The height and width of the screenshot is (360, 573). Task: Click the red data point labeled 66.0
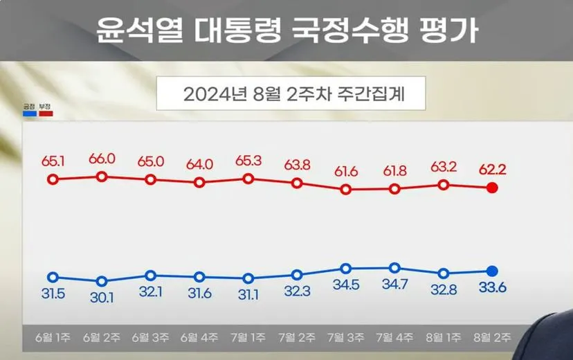tap(102, 177)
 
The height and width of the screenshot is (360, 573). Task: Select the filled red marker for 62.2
tap(492, 188)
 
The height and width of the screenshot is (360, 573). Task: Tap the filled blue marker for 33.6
tap(492, 271)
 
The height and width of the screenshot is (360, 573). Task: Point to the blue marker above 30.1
tap(102, 281)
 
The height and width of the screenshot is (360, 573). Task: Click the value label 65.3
tap(248, 161)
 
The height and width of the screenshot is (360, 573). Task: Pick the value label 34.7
tap(394, 285)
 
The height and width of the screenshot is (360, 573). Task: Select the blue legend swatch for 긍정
tap(29, 113)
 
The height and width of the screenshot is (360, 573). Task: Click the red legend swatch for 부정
tap(46, 113)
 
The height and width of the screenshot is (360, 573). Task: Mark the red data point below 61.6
tap(345, 189)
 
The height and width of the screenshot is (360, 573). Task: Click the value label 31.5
tap(53, 294)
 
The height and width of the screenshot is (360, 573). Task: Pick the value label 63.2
tap(444, 168)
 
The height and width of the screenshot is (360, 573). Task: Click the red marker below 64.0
tap(199, 183)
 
